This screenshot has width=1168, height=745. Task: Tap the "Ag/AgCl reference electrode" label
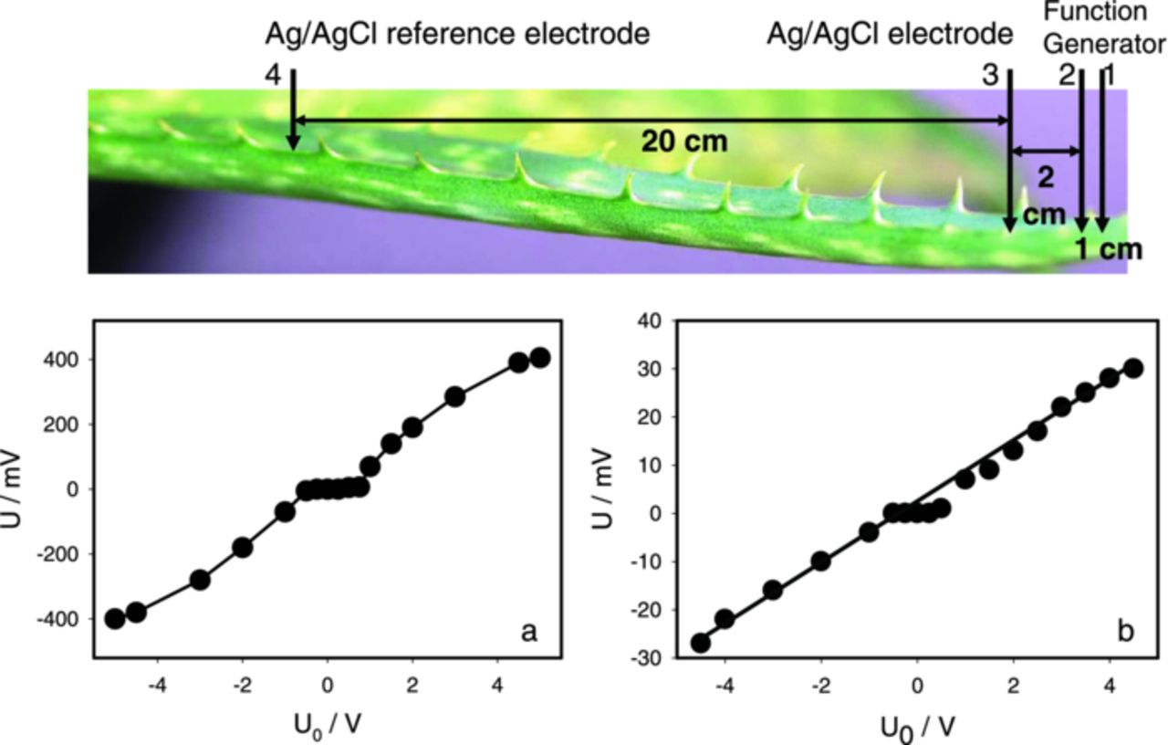[457, 35]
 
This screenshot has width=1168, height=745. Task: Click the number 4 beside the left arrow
[273, 76]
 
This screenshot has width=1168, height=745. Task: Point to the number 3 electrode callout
[990, 76]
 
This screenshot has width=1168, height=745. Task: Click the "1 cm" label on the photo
[1108, 249]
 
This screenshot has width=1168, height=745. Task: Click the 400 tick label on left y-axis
[66, 360]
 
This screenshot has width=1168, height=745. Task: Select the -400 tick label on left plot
[61, 619]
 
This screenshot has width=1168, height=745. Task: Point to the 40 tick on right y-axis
[649, 320]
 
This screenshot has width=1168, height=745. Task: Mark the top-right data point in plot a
[539, 357]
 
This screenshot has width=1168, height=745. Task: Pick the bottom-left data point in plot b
[701, 643]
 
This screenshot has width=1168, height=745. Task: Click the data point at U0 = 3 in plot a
[454, 397]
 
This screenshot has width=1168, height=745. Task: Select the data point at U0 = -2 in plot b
[820, 561]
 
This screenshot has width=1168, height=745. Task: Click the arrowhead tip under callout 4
[292, 148]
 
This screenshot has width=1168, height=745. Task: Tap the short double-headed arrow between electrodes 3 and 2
[1046, 152]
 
